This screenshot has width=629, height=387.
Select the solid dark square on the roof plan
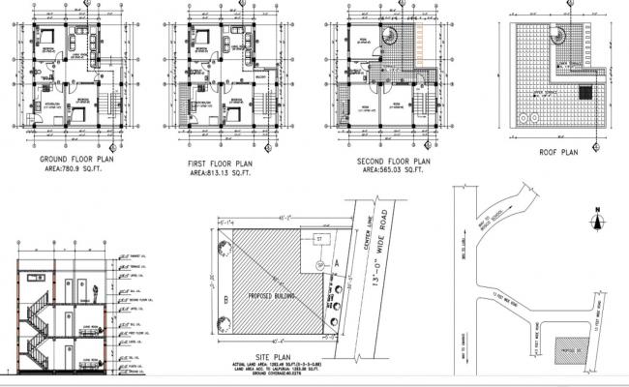584,92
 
